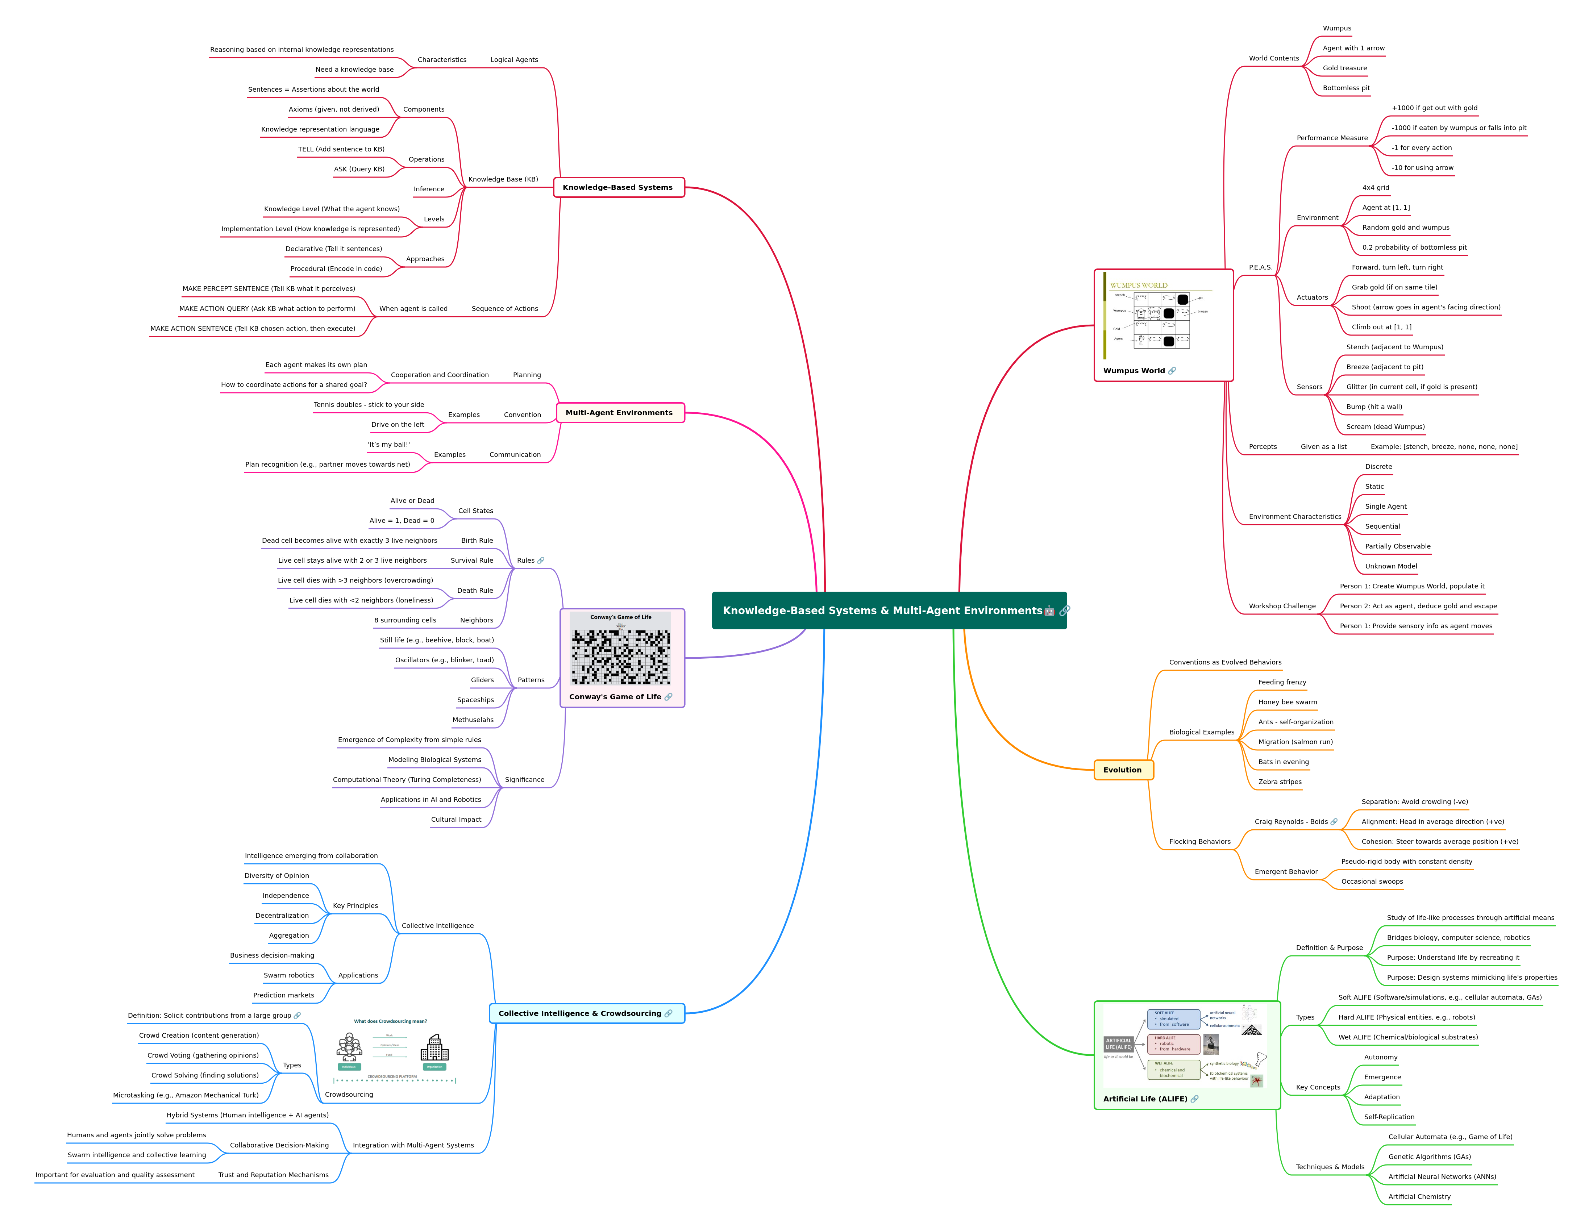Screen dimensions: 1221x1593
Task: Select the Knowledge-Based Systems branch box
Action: click(x=619, y=188)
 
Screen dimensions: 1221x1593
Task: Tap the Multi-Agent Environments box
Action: click(x=620, y=413)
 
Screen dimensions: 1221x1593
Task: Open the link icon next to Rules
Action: click(x=541, y=561)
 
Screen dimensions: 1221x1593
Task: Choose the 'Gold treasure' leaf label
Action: click(x=1344, y=68)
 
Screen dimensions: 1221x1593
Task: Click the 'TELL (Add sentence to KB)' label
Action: click(x=341, y=149)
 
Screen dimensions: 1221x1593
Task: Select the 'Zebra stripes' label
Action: click(x=1280, y=782)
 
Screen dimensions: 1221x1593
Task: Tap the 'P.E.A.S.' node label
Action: click(x=1260, y=267)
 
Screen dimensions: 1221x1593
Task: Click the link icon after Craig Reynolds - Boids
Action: click(x=1334, y=822)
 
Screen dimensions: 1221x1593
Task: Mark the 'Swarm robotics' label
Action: click(x=288, y=975)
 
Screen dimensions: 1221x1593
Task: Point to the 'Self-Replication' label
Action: click(x=1389, y=1117)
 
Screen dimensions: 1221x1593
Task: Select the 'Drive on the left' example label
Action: click(x=398, y=424)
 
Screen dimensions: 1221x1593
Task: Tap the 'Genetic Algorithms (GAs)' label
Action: click(x=1429, y=1157)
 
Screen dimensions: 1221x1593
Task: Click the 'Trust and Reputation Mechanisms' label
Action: click(x=273, y=1175)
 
